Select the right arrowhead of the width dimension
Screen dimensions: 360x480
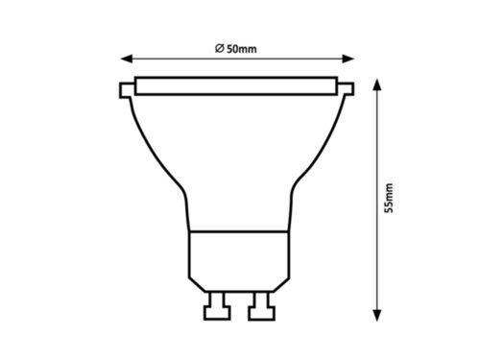pyautogui.click(x=349, y=55)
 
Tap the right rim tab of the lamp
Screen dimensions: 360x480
pyautogui.click(x=348, y=92)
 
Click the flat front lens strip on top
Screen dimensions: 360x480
pyautogui.click(x=236, y=85)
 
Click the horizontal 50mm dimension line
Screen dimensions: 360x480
pyautogui.click(x=288, y=55)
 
